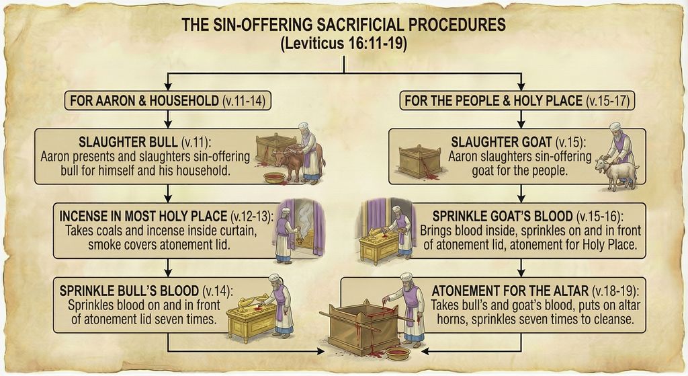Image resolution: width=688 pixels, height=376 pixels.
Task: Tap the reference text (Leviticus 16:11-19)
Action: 343,44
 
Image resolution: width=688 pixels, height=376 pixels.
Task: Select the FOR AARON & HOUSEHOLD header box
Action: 168,102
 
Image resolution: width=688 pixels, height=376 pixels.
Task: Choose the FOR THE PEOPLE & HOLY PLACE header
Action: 519,102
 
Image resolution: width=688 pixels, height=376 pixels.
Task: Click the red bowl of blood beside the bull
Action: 274,178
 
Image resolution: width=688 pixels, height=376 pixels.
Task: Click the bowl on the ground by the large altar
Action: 398,352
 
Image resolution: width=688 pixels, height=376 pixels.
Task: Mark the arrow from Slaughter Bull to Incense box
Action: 168,194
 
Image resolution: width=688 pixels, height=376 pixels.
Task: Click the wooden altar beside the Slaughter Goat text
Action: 421,161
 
